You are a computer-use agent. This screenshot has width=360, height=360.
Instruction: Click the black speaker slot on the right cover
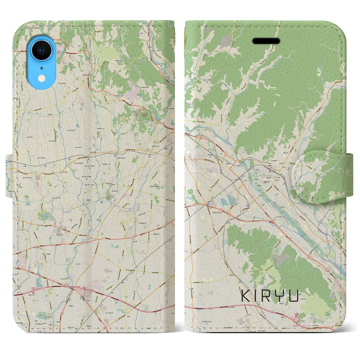tap(266, 41)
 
